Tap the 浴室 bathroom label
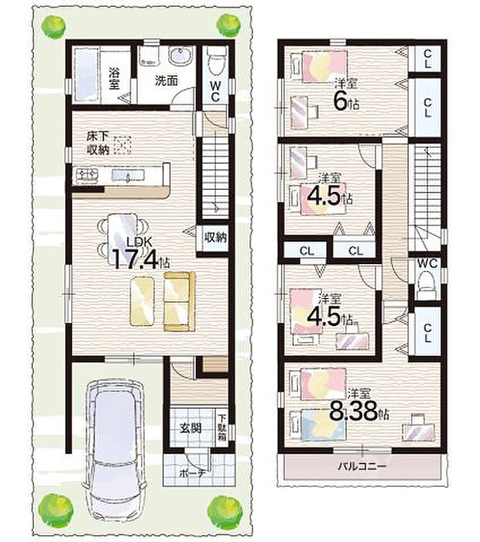coord(115,79)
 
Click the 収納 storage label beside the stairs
coord(215,238)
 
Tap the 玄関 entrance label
coord(191,427)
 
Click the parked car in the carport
coord(116,448)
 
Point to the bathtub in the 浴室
coord(85,75)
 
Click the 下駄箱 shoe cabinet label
coord(221,426)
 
